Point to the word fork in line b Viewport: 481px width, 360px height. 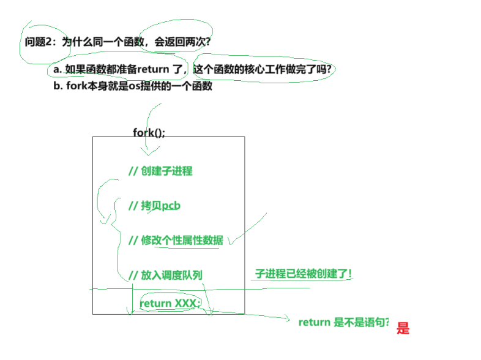click(76, 86)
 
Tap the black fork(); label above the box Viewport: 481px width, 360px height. click(149, 132)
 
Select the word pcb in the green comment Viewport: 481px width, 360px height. click(171, 206)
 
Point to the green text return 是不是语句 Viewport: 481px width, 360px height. click(344, 323)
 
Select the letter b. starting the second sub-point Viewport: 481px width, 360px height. click(58, 86)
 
